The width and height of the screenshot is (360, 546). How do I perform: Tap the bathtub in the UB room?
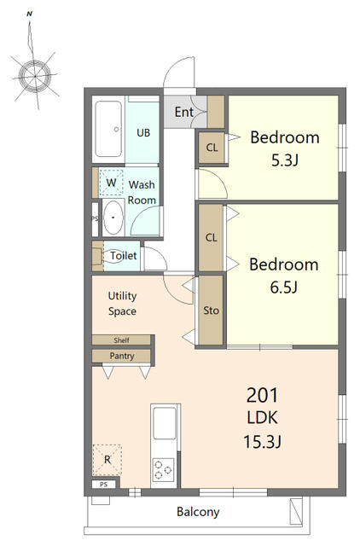pos(108,130)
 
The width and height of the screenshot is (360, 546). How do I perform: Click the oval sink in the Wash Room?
pos(113,218)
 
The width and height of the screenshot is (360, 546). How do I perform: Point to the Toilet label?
pos(124,255)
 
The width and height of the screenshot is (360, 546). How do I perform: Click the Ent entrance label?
pos(183,112)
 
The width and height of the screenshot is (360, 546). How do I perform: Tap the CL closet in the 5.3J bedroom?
pos(211,148)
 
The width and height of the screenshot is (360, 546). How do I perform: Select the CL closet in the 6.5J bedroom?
pos(211,237)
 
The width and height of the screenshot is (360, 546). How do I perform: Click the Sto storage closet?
pos(211,311)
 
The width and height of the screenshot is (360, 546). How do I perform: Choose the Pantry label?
pos(121,356)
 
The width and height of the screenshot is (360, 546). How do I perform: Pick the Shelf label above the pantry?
pos(121,340)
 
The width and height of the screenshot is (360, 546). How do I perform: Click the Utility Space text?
pos(122,304)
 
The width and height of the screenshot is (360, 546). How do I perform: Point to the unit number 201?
pos(264,396)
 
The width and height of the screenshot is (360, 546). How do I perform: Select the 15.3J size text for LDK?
pos(264,441)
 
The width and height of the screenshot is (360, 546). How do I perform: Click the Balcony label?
pos(198,513)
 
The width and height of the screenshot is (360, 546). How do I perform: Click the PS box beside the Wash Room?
pos(95,218)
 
